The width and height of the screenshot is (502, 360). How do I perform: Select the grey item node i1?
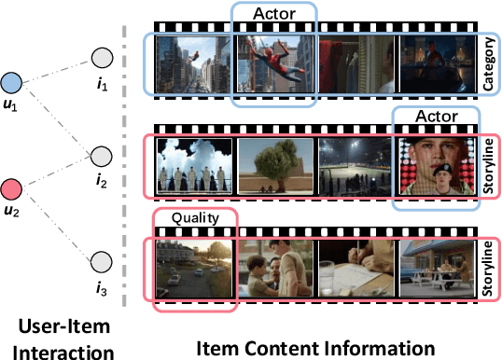click(x=103, y=60)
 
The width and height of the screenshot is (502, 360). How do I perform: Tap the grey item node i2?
click(x=103, y=155)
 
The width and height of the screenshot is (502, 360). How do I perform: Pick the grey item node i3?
click(x=103, y=261)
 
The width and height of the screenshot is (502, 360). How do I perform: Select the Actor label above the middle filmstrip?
click(x=436, y=117)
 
